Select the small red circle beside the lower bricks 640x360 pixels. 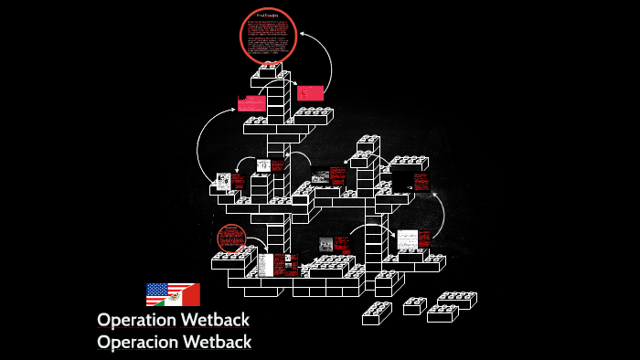(x=232, y=238)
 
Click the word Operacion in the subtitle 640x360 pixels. (x=140, y=343)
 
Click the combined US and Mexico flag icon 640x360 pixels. (x=173, y=294)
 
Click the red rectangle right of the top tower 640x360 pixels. (x=310, y=92)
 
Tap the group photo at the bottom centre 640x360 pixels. (x=326, y=244)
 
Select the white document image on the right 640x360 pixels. (x=407, y=239)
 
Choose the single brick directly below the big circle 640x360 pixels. (x=270, y=69)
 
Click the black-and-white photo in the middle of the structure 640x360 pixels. (x=320, y=176)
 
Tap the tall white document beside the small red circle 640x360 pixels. (x=265, y=265)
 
